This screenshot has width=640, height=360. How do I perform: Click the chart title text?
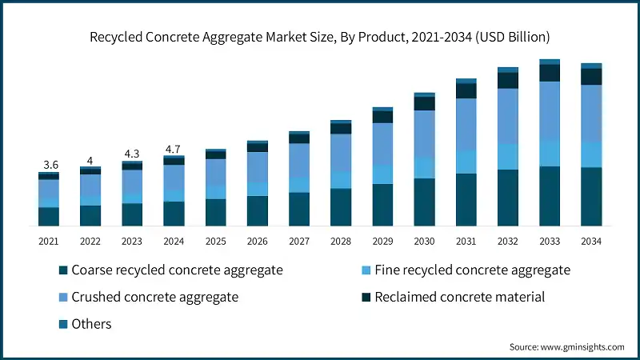(320, 37)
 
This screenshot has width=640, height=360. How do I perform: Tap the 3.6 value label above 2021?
(49, 165)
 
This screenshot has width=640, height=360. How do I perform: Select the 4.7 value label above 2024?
(174, 149)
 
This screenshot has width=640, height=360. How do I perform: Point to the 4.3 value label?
(132, 154)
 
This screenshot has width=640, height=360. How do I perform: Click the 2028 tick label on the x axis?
(341, 241)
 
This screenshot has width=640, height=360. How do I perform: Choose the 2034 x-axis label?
(591, 241)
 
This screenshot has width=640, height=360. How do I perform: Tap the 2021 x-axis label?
(49, 241)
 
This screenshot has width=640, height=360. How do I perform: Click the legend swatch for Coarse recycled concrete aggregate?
(63, 270)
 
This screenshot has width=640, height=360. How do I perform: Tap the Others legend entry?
(91, 324)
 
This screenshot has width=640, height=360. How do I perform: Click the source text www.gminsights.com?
(566, 347)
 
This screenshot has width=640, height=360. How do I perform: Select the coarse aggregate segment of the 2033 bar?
(550, 197)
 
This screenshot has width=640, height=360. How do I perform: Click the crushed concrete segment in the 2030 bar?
(424, 134)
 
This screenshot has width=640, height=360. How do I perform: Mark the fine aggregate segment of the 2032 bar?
(508, 157)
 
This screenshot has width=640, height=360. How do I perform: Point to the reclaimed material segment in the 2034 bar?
(591, 77)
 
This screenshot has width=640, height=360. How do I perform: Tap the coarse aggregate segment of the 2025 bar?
(216, 213)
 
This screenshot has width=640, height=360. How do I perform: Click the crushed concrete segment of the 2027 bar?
(299, 160)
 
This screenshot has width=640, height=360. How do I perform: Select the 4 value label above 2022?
(90, 160)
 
